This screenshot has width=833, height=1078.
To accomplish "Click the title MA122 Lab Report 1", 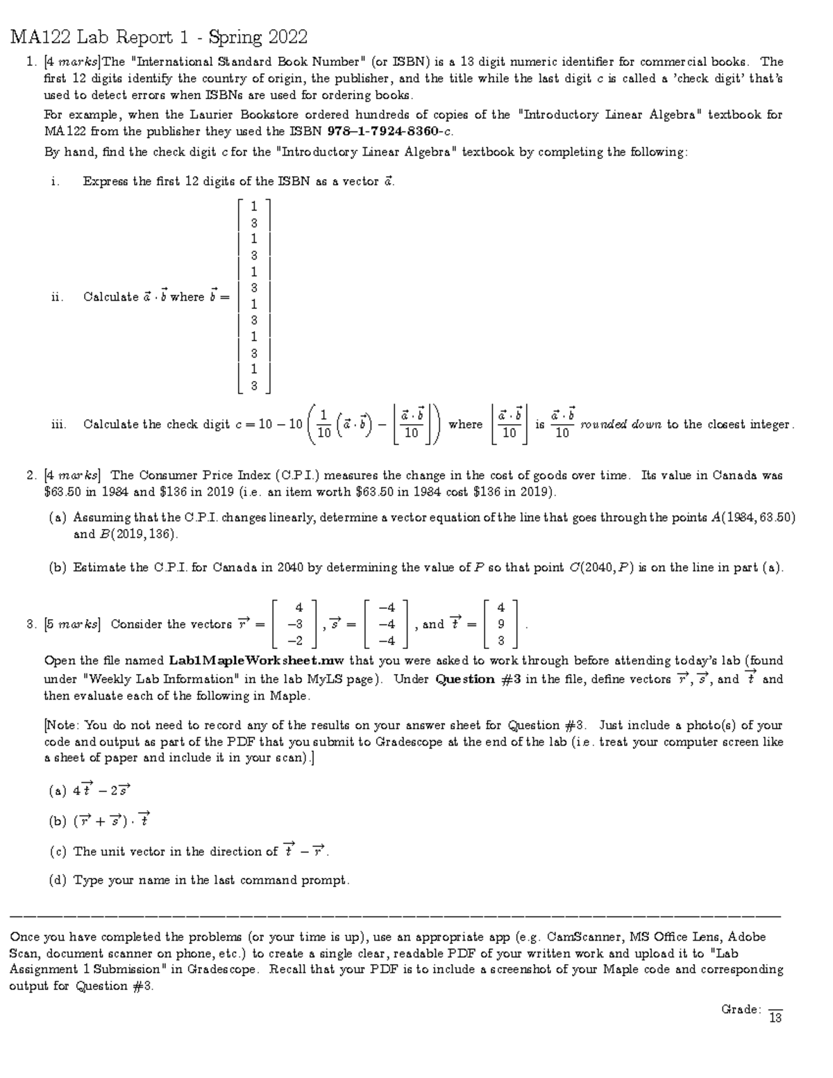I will (x=159, y=37).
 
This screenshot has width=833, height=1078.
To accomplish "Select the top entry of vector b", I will (x=254, y=206).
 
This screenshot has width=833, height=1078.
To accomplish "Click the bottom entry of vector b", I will (x=254, y=386).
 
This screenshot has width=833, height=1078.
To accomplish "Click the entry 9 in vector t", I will (x=501, y=624).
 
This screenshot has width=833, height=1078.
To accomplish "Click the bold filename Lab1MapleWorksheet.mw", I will (x=257, y=661).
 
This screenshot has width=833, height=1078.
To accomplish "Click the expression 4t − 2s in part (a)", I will (x=101, y=789).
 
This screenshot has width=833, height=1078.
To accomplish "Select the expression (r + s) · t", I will (x=111, y=820).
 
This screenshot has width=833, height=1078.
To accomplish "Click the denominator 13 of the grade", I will (x=775, y=1018).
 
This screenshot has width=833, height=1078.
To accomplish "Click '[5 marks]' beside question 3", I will (x=72, y=624).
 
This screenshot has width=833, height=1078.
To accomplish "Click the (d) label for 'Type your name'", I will (x=58, y=880).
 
